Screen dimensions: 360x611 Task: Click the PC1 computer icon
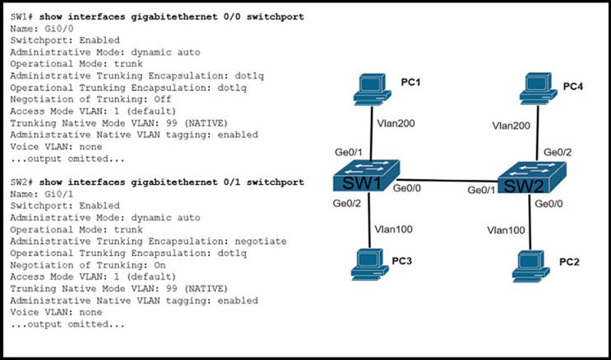coord(371,90)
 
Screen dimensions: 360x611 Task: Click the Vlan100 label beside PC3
coord(393,229)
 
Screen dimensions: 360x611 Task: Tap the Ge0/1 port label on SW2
coord(481,190)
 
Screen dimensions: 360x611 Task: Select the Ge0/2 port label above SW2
coord(557,152)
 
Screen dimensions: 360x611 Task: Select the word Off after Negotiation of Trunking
coord(163,99)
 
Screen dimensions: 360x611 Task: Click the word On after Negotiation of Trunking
coord(160,265)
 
